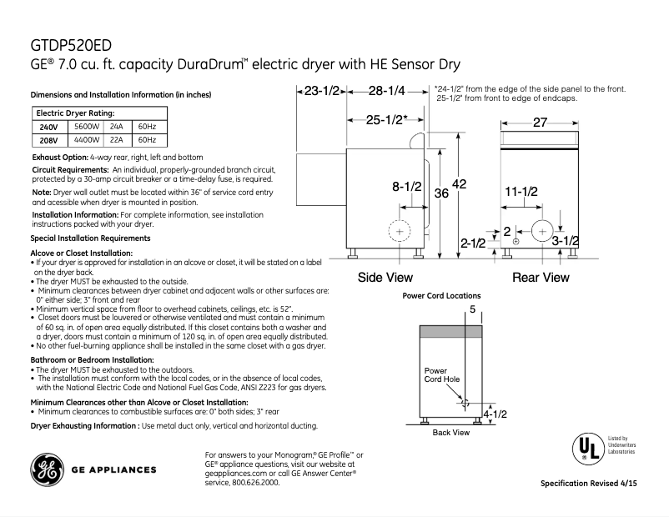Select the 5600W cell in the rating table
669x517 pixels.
pyautogui.click(x=87, y=127)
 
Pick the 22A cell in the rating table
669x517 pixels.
pyautogui.click(x=116, y=140)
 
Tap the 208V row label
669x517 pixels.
pyautogui.click(x=48, y=140)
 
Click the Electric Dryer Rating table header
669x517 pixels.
pyautogui.click(x=74, y=113)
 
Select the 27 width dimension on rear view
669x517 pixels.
pyautogui.click(x=540, y=123)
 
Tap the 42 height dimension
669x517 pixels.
pyautogui.click(x=460, y=183)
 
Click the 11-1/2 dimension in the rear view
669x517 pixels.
pyautogui.click(x=521, y=192)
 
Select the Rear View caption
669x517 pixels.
pyautogui.click(x=541, y=278)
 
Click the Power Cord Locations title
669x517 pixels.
pyautogui.click(x=441, y=296)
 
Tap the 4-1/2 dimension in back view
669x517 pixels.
pyautogui.click(x=495, y=414)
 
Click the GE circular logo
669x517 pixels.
pyautogui.click(x=49, y=470)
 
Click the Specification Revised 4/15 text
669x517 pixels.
pyautogui.click(x=594, y=484)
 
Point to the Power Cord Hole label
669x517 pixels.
pyautogui.click(x=441, y=375)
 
